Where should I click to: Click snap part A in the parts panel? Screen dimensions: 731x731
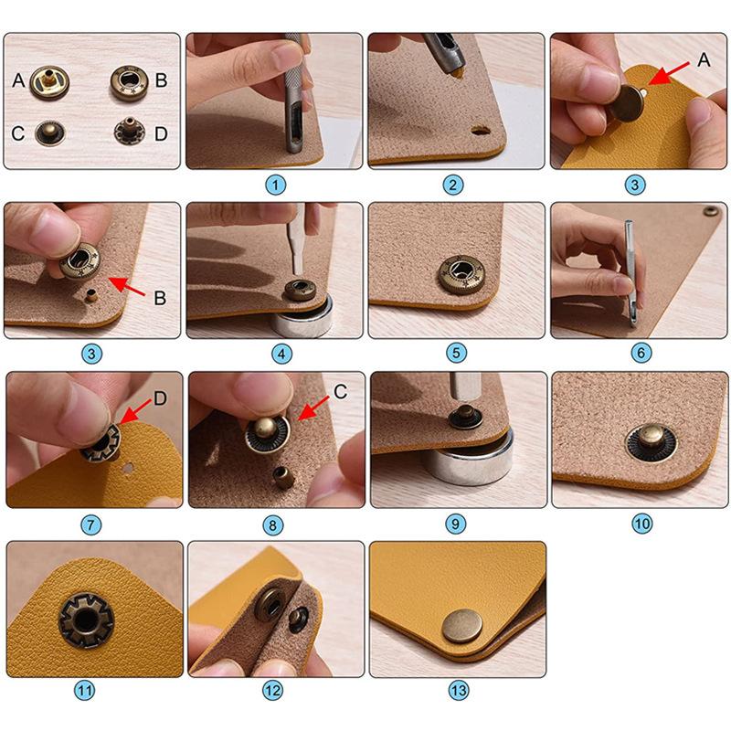tap(49, 82)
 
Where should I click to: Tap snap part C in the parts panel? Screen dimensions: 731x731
tap(50, 132)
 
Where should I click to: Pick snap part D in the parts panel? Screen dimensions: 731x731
tap(129, 131)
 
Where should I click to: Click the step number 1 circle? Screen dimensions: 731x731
tap(275, 185)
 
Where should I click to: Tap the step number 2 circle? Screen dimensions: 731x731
tap(452, 185)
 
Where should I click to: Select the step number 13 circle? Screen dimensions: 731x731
tap(459, 690)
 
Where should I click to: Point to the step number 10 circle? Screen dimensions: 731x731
tap(641, 524)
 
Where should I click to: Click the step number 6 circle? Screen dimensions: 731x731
tap(641, 353)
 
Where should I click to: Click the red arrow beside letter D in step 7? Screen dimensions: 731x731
tap(135, 410)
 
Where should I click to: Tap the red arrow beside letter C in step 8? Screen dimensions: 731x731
tap(313, 408)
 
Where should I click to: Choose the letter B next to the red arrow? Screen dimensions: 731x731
tap(160, 298)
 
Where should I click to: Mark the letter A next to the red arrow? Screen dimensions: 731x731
tap(704, 59)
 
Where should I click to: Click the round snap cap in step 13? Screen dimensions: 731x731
tap(462, 626)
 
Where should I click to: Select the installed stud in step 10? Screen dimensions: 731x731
tap(651, 441)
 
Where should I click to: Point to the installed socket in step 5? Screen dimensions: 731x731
tap(460, 275)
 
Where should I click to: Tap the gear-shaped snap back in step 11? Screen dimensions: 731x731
tap(86, 620)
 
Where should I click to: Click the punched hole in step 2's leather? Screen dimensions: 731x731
tap(480, 130)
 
